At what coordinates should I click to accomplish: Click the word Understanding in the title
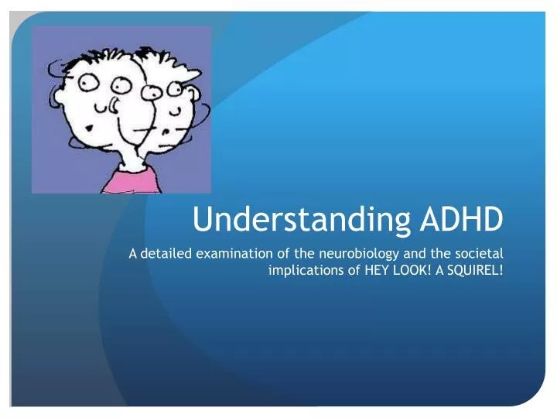301,219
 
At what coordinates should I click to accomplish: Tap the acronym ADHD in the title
462,218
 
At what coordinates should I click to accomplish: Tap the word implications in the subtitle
306,271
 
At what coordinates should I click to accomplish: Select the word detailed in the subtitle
166,253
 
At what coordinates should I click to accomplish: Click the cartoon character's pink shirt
131,182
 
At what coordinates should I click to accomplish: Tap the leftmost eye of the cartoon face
87,83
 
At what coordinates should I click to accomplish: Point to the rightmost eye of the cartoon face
175,89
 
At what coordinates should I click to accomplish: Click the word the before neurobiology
305,253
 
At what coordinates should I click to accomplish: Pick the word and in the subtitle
415,253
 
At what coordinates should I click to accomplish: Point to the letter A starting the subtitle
133,254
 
